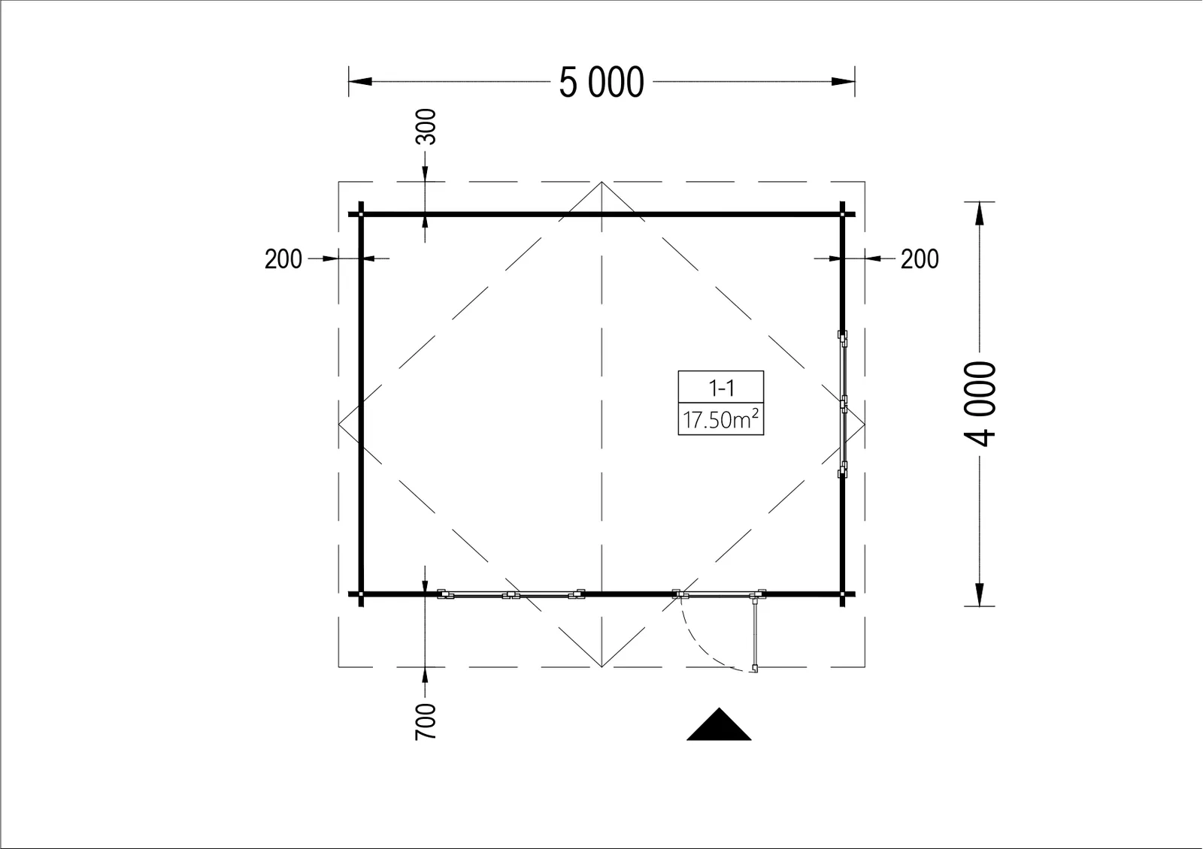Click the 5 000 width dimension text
click(x=601, y=83)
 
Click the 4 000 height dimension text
click(x=980, y=403)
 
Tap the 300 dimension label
click(x=426, y=127)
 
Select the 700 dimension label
click(x=426, y=722)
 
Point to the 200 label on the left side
click(x=283, y=259)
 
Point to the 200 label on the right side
click(x=920, y=259)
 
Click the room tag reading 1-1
click(x=721, y=388)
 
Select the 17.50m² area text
click(x=721, y=419)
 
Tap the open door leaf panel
click(x=755, y=634)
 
